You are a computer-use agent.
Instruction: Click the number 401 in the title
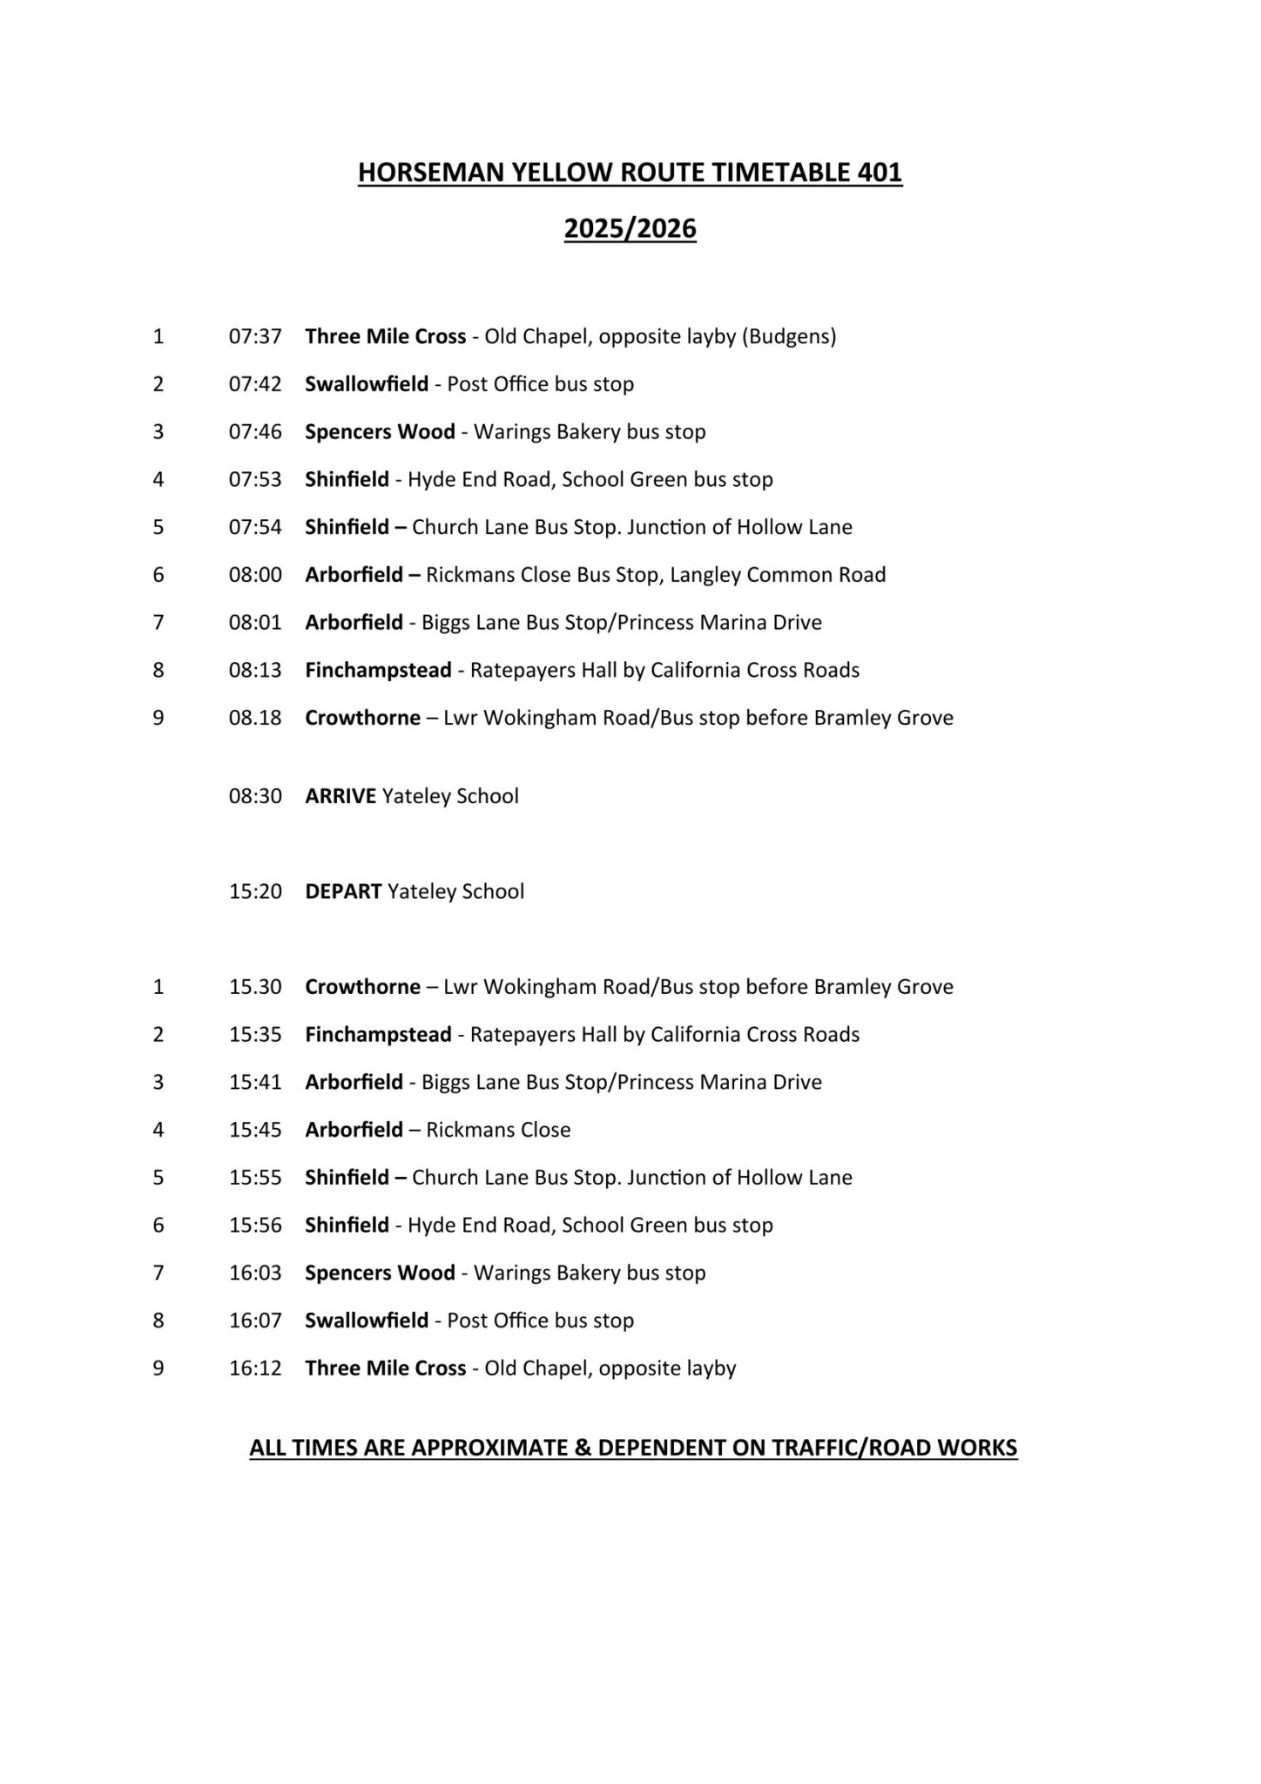tap(878, 172)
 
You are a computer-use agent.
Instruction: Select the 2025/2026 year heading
tap(630, 228)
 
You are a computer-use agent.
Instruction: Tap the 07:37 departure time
tap(255, 336)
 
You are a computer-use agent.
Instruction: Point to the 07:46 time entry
tap(255, 432)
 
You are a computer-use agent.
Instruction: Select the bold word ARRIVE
tap(341, 796)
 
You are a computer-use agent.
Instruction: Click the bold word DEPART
tap(343, 891)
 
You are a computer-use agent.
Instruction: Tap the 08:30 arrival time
tap(255, 796)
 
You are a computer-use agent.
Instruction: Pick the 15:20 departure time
tap(255, 891)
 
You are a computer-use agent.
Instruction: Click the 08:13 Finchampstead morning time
tap(255, 670)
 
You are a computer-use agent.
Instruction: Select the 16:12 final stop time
tap(255, 1368)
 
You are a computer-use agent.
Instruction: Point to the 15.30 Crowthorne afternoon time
tap(255, 987)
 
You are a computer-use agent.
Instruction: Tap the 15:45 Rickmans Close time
tap(255, 1130)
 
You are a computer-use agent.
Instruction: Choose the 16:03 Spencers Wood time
tap(255, 1273)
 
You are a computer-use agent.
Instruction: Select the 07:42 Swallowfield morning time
tap(255, 384)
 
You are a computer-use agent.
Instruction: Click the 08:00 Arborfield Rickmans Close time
tap(255, 575)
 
